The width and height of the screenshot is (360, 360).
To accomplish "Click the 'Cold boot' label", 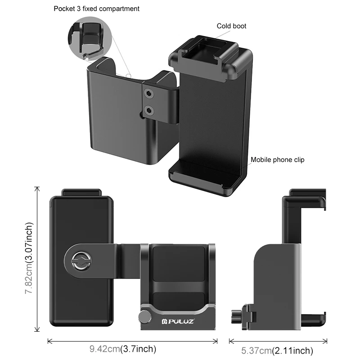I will click(x=231, y=26).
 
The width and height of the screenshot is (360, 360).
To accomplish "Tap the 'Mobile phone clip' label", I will click(x=280, y=159).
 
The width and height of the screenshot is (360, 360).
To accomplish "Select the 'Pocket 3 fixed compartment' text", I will click(x=96, y=9).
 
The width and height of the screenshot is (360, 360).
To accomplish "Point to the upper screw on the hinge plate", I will click(x=148, y=93).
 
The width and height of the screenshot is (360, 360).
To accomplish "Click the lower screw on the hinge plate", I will click(x=148, y=109).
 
